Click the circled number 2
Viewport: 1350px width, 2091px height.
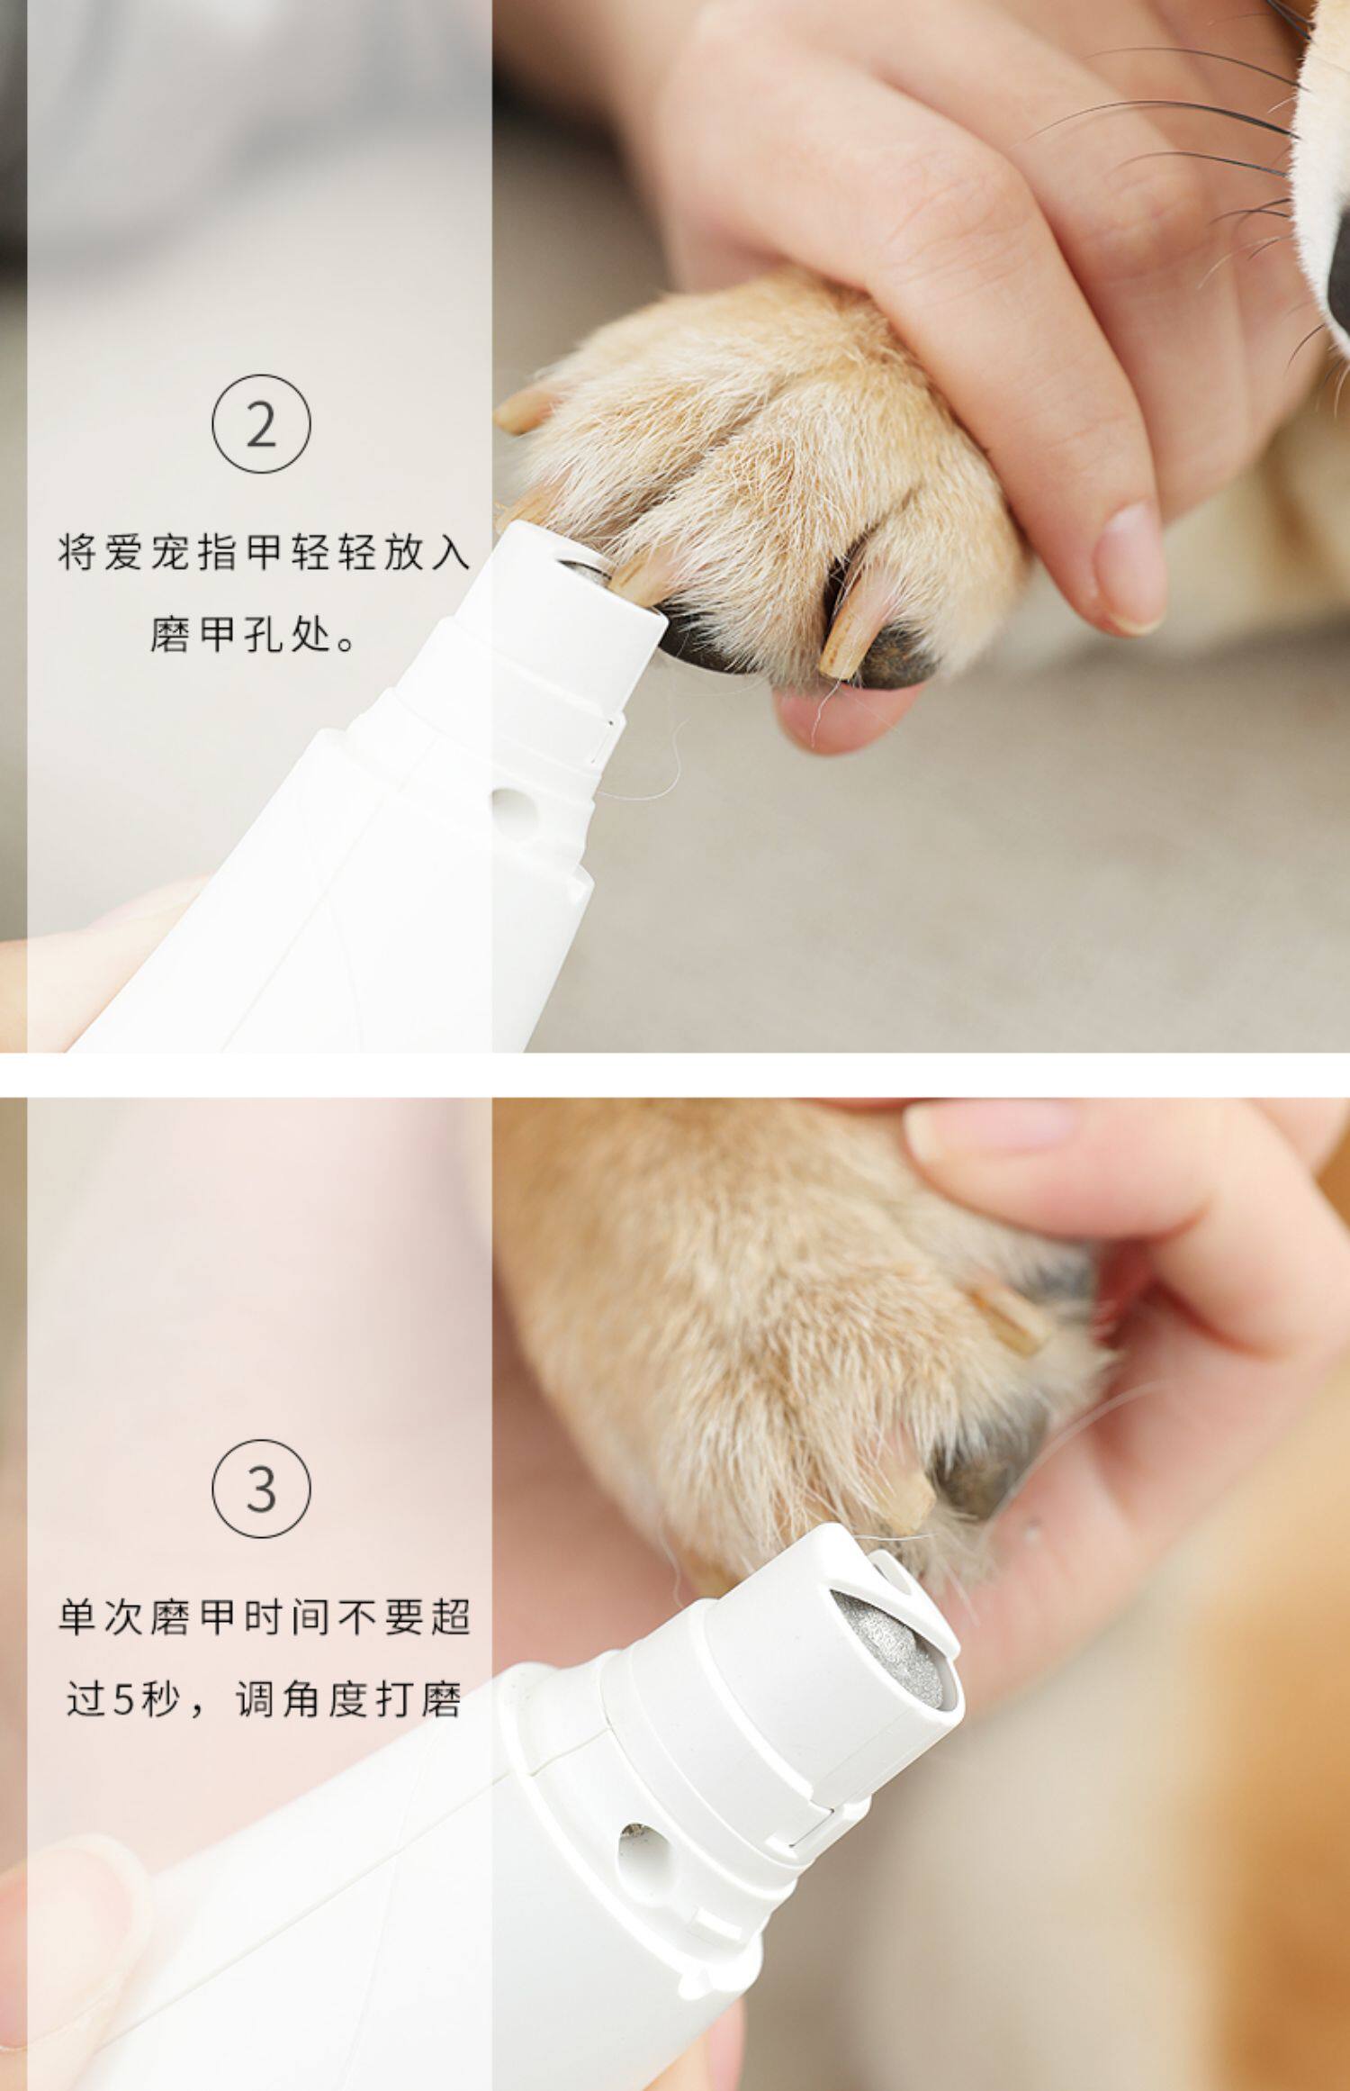pyautogui.click(x=261, y=424)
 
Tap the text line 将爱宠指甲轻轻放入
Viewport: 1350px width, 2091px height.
pyautogui.click(x=263, y=552)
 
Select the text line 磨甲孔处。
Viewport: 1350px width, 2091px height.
pyautogui.click(x=252, y=638)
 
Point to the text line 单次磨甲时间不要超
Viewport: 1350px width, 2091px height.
pyautogui.click(x=263, y=1616)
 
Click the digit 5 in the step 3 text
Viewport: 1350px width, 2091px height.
pyautogui.click(x=126, y=1701)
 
